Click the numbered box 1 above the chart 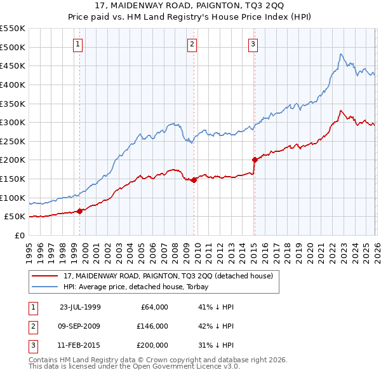(x=77, y=44)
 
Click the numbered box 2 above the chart (x=191, y=44)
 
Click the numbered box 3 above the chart (x=253, y=44)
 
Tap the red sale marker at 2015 (x=255, y=160)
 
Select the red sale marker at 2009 (x=194, y=180)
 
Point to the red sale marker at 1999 (x=80, y=211)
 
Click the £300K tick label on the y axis (x=13, y=122)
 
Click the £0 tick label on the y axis (x=19, y=235)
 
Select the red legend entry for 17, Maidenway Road (x=168, y=276)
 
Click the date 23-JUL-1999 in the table (x=80, y=307)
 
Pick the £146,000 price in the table (x=152, y=326)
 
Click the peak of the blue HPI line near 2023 (x=341, y=55)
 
